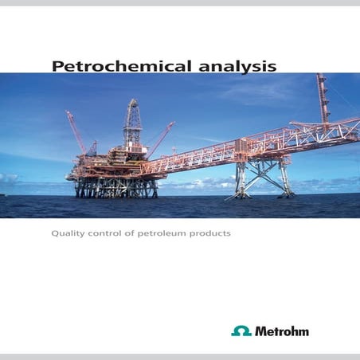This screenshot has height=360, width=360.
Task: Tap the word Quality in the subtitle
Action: click(68, 235)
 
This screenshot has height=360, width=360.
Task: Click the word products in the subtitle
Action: click(213, 235)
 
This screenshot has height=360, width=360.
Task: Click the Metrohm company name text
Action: click(282, 331)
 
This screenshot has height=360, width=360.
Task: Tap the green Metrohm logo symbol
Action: click(241, 331)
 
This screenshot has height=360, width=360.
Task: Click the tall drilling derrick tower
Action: click(131, 127)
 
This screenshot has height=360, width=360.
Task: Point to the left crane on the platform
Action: click(76, 131)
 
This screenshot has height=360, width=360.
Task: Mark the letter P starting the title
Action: click(57, 66)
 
